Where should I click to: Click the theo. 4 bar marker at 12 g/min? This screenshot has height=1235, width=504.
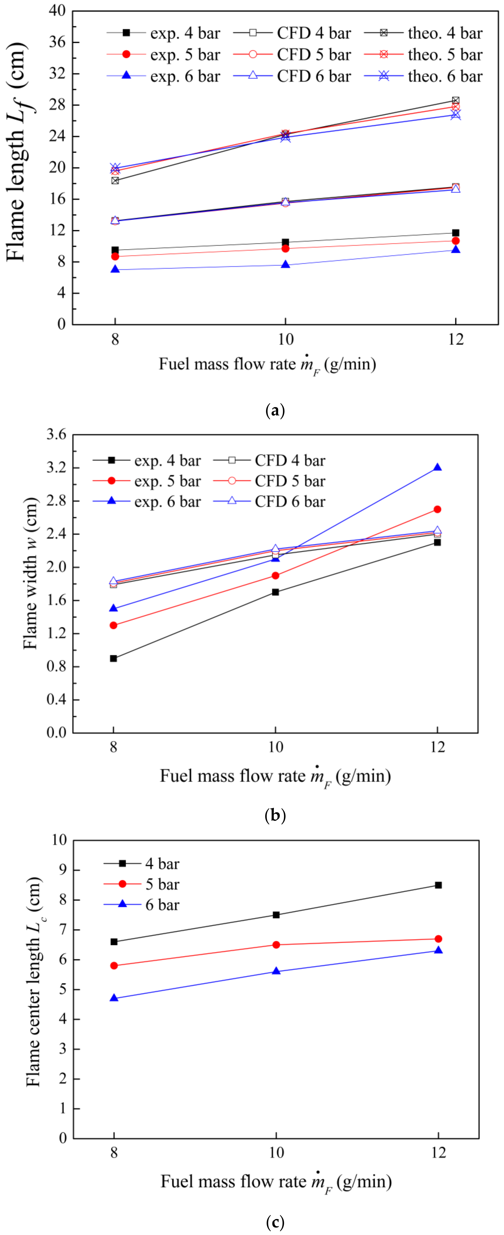[x=456, y=101]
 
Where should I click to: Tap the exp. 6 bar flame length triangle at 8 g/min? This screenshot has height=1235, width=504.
[x=115, y=270]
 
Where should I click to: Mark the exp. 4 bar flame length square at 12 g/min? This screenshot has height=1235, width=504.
[x=456, y=233]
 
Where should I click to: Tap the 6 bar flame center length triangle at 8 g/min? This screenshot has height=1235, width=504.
[x=114, y=998]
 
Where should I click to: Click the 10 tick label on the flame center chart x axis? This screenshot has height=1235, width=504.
[x=276, y=1153]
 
